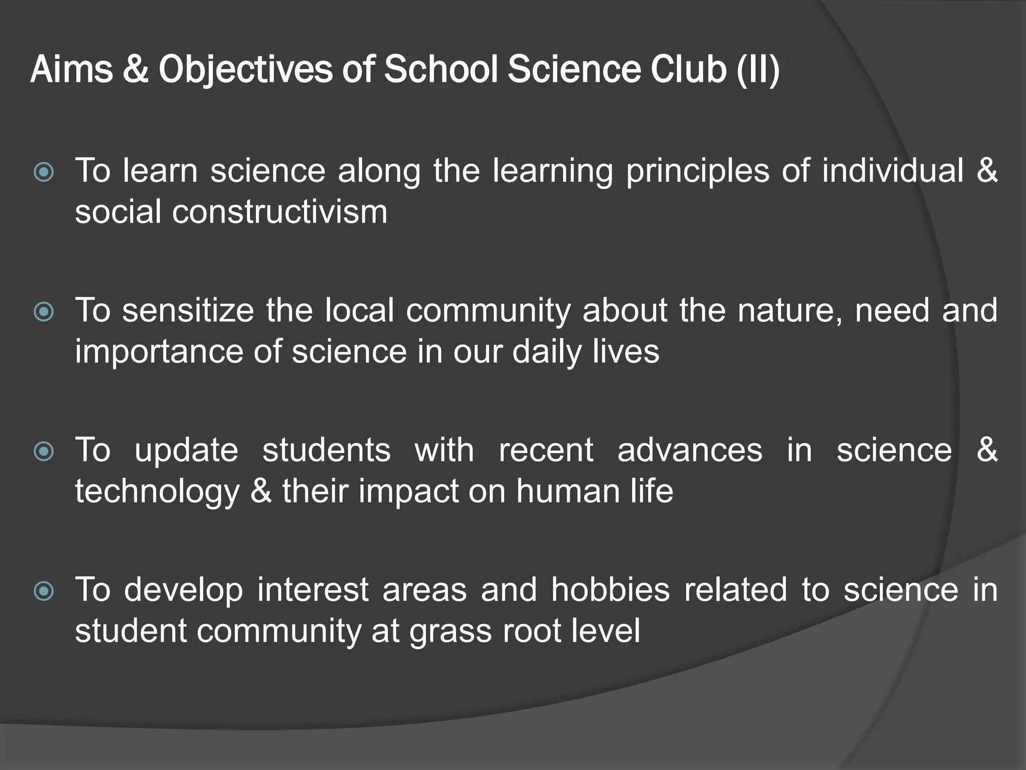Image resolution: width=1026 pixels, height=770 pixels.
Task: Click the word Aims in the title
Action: (72, 69)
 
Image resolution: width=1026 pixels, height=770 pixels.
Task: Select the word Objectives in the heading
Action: (245, 70)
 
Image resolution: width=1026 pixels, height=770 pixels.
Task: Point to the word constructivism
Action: (280, 212)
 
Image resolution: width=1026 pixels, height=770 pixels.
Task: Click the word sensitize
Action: (188, 310)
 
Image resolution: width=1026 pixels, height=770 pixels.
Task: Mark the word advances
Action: (690, 450)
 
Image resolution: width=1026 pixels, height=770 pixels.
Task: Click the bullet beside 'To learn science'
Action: (44, 172)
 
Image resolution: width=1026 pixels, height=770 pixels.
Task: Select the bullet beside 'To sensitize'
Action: (44, 312)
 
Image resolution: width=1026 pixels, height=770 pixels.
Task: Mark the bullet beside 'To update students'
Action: (44, 452)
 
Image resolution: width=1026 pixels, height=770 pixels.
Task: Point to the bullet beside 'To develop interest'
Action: (44, 591)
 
